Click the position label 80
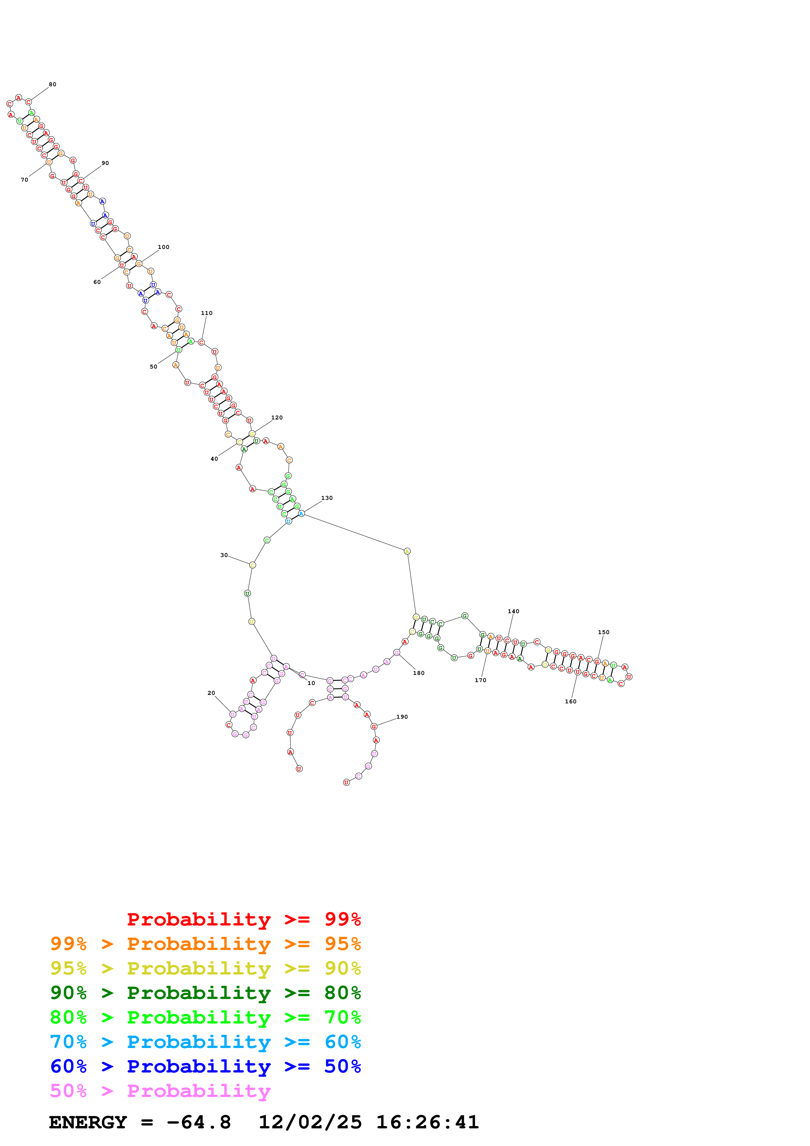tap(52, 84)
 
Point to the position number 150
tap(603, 632)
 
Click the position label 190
tap(402, 717)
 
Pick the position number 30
tap(224, 555)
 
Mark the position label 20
tap(211, 693)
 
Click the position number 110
tap(207, 314)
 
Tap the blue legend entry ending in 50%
tap(205, 1067)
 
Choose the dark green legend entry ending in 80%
tap(205, 993)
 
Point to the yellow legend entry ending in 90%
tap(205, 969)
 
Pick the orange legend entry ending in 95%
tap(205, 944)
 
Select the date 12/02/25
tap(310, 1122)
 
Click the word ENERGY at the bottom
tap(88, 1122)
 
